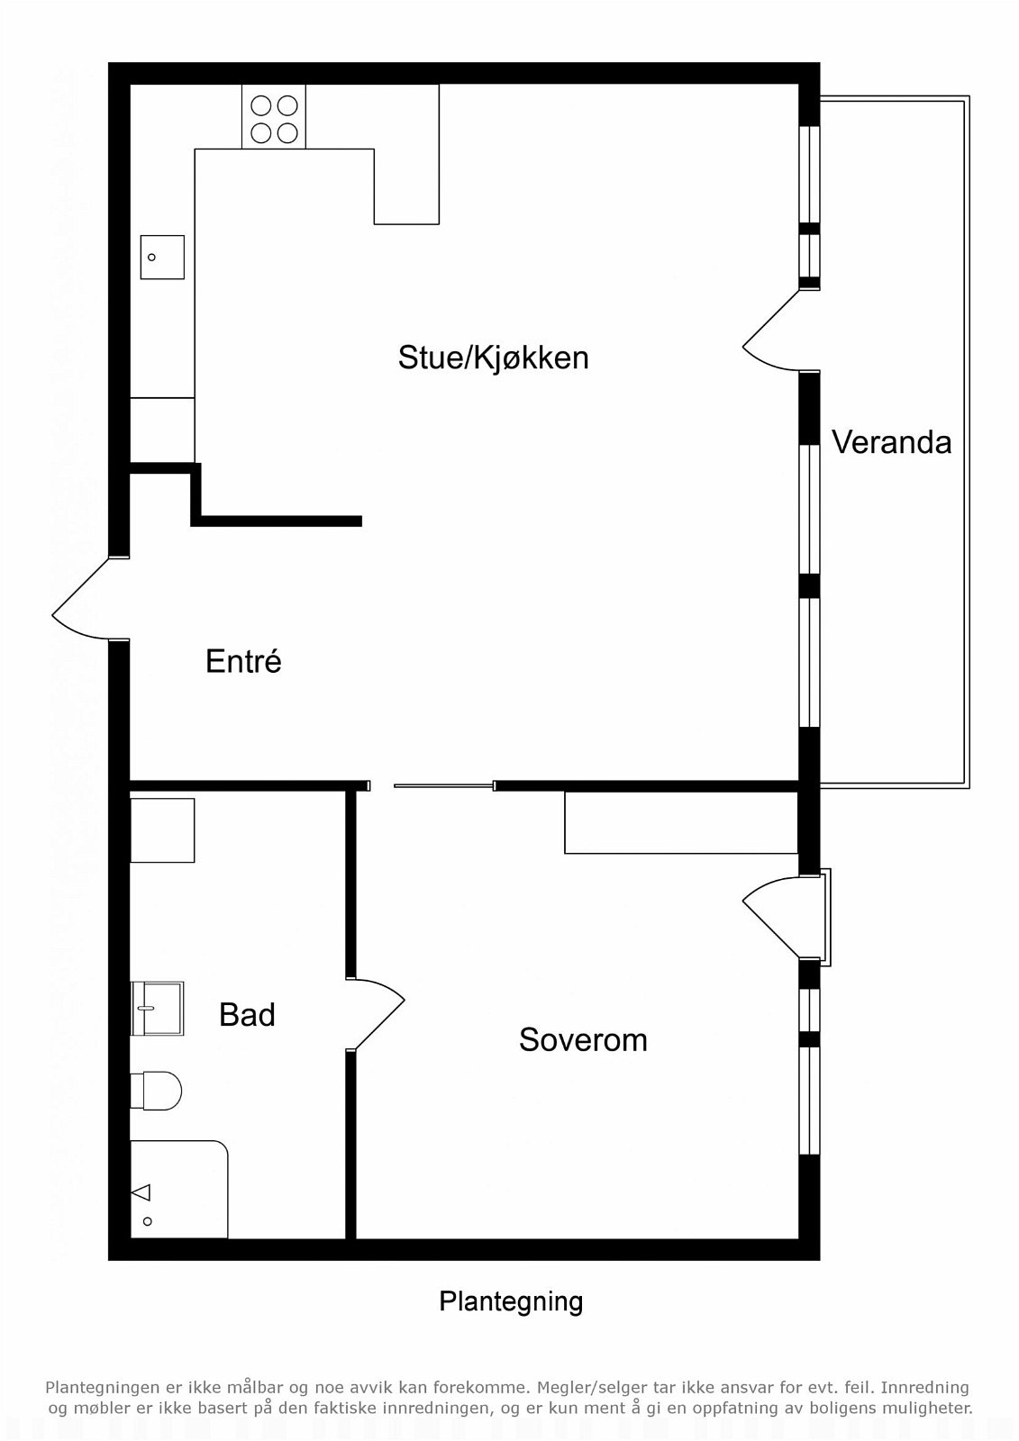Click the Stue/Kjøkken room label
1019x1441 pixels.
(x=493, y=358)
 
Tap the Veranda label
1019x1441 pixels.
(x=892, y=442)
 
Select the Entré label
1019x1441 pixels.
(x=243, y=661)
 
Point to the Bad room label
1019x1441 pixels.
(x=247, y=1014)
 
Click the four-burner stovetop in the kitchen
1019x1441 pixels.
(x=274, y=116)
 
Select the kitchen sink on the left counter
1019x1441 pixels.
(x=162, y=257)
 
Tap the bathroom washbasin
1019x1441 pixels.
(x=157, y=1008)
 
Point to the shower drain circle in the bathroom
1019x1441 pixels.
(x=148, y=1221)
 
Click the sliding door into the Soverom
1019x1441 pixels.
(x=444, y=785)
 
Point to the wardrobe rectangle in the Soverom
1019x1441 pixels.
(x=682, y=822)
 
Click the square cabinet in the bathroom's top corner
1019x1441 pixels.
(x=162, y=829)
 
